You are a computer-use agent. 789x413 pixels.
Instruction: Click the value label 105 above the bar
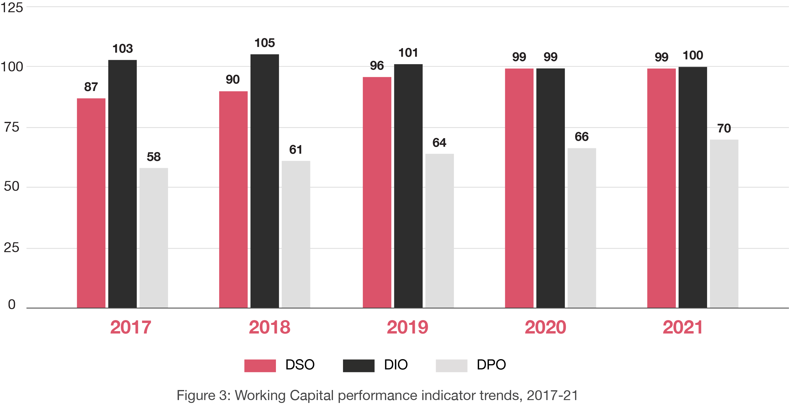(265, 43)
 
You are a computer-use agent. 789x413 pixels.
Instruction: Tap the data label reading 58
(154, 157)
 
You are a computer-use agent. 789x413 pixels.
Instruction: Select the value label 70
(724, 128)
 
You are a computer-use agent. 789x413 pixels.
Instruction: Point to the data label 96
(377, 66)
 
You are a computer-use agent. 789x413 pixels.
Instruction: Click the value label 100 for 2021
(693, 55)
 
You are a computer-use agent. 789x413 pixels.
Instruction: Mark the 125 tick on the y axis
(12, 7)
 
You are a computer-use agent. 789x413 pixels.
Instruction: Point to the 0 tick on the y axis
(12, 304)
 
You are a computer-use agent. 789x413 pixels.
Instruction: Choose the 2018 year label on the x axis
(269, 327)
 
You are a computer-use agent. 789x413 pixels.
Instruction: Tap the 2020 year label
(545, 327)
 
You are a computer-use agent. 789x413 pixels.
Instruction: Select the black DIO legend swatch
(358, 366)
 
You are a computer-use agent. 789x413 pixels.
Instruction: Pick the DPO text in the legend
(491, 365)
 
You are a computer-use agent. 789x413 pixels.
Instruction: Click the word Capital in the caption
(311, 395)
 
